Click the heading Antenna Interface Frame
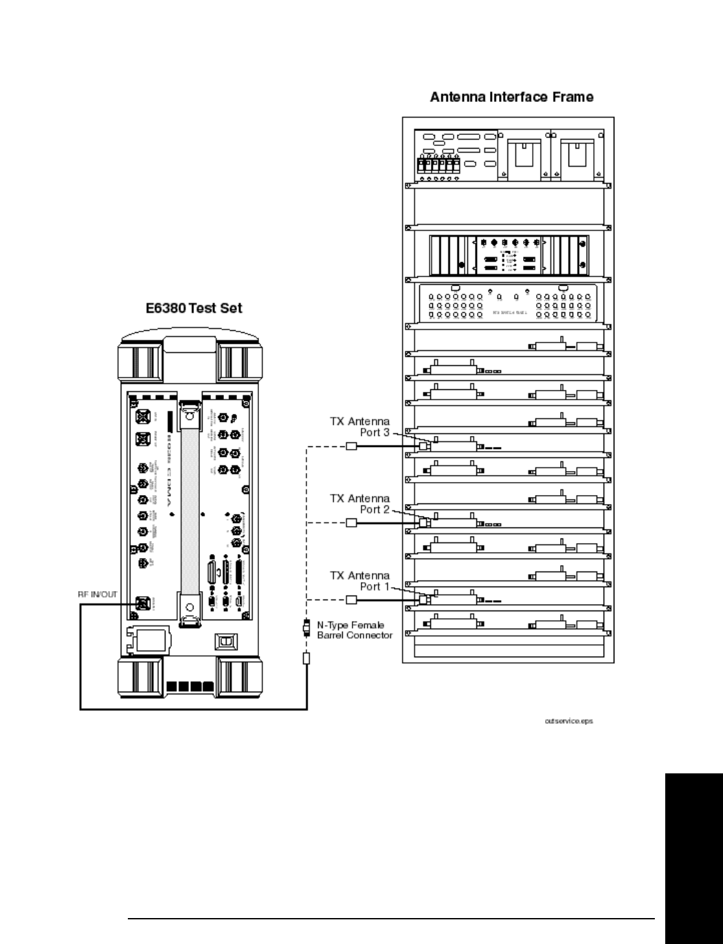511,97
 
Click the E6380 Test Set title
193,308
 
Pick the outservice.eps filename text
569,721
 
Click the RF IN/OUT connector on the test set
140,604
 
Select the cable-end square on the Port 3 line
351,446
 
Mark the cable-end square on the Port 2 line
351,523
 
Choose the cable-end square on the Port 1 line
351,599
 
